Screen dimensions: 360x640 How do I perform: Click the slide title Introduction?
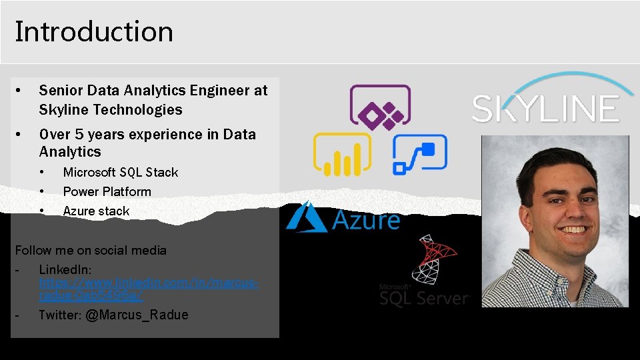tap(94, 31)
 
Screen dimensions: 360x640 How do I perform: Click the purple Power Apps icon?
tap(381, 107)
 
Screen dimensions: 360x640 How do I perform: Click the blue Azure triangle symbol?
tap(306, 217)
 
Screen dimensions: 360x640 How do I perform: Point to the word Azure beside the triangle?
tap(365, 220)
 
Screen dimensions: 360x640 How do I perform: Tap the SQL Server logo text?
tap(424, 297)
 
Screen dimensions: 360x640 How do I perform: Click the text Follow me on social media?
tap(91, 251)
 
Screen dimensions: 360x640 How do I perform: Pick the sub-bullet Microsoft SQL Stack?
tap(121, 173)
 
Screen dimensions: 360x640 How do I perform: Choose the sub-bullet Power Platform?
tap(107, 192)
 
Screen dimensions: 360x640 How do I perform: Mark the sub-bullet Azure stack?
tap(96, 211)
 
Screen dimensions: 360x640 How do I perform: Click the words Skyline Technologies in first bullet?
tap(111, 110)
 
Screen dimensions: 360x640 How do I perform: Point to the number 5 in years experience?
tap(77, 135)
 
